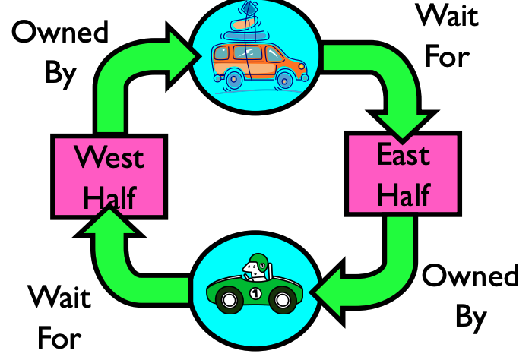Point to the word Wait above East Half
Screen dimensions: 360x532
coord(447,14)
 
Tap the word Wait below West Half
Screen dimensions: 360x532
coord(59,297)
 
